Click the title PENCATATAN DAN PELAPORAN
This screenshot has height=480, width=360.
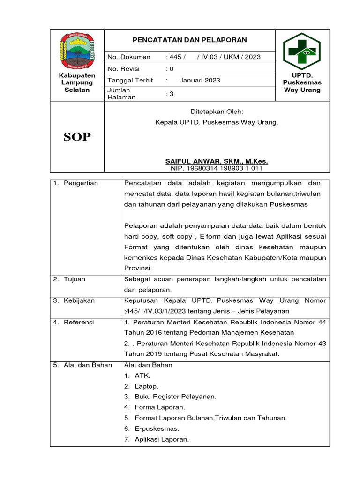189,40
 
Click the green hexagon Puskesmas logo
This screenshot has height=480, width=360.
302,51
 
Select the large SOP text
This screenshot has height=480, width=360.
77,137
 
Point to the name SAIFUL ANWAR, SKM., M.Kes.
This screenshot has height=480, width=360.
217,161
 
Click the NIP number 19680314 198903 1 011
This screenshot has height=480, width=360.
217,168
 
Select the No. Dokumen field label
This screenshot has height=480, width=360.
129,57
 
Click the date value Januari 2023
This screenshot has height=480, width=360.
200,80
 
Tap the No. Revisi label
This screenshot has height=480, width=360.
124,68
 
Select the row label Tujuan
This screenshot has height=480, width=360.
75,279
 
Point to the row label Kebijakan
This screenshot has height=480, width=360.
79,300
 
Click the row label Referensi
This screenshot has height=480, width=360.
79,322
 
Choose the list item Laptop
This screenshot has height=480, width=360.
146,386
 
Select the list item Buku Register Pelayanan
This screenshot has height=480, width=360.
175,397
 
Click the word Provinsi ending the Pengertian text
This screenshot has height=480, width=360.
138,268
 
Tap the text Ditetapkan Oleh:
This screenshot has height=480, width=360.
217,112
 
